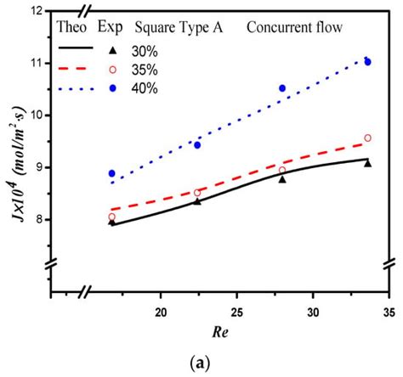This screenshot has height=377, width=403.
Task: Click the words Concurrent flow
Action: pyautogui.click(x=295, y=27)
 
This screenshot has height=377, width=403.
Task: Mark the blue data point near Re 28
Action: pyautogui.click(x=282, y=88)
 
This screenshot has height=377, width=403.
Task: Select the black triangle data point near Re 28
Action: pyautogui.click(x=282, y=179)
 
